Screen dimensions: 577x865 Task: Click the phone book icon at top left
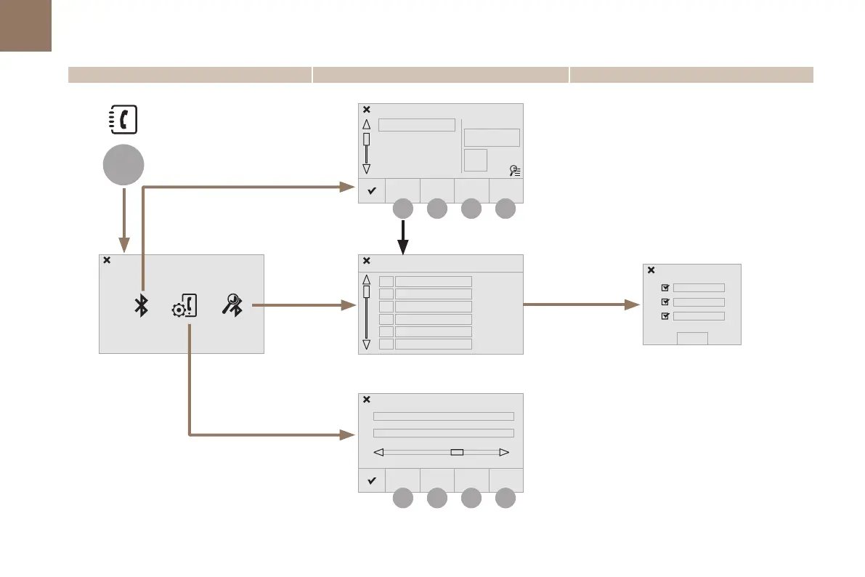[x=123, y=119]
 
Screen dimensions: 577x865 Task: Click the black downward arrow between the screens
[x=404, y=238]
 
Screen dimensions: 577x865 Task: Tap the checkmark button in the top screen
[x=371, y=191]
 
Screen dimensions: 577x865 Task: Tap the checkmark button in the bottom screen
[x=371, y=481]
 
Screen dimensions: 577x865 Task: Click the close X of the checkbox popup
[x=651, y=270]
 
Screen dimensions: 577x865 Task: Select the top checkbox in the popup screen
[x=665, y=288]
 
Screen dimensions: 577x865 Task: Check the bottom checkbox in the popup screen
[x=665, y=316]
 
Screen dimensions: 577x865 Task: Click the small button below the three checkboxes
[x=692, y=338]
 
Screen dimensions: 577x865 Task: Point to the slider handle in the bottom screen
[x=457, y=452]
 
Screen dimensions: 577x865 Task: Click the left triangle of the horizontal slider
[x=378, y=452]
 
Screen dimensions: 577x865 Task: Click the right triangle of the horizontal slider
[x=505, y=452]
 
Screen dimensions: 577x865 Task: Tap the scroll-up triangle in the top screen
[x=366, y=124]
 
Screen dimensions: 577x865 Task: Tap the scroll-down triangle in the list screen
[x=366, y=344]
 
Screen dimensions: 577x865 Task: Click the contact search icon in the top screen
[x=514, y=171]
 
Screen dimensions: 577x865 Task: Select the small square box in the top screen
[x=475, y=160]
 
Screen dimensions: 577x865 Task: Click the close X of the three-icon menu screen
[x=107, y=260]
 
